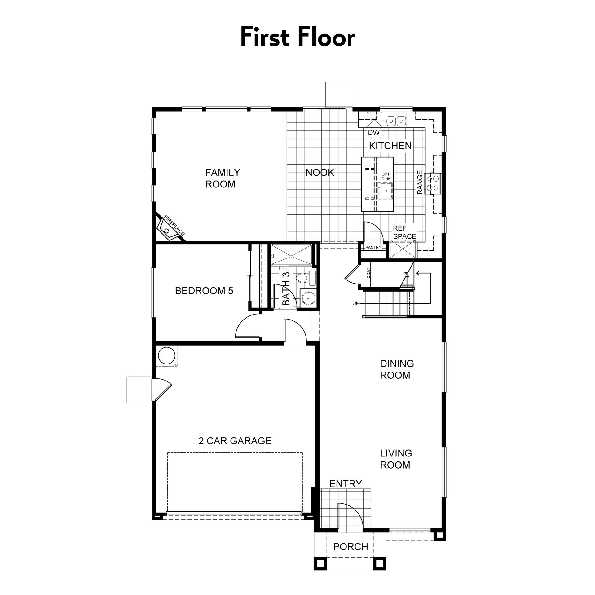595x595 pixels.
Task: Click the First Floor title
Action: (297, 37)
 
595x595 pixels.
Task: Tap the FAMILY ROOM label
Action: (223, 178)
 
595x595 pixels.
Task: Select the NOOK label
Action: (320, 173)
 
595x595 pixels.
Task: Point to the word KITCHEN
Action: (390, 146)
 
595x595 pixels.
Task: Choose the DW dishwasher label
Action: (374, 133)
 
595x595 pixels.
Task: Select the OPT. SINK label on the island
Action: (386, 177)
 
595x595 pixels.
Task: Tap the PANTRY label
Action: (373, 247)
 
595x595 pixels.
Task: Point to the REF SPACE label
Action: (404, 232)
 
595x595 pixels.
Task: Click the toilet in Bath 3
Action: (305, 278)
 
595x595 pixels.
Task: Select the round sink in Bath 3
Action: (308, 298)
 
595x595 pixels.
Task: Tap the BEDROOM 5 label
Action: (204, 291)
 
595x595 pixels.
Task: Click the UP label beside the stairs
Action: (356, 303)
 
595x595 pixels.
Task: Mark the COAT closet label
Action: (368, 273)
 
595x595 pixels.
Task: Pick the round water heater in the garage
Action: (166, 355)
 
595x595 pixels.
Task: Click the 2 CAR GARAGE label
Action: (235, 441)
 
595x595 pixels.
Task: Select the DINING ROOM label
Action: (397, 369)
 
